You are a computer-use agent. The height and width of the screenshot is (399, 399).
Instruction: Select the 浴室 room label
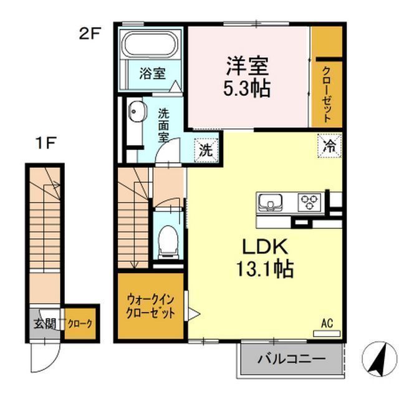[x=152, y=74]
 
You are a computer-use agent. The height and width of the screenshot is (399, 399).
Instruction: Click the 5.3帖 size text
[x=248, y=89]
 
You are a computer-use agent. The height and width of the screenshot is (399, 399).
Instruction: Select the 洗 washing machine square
[x=205, y=150]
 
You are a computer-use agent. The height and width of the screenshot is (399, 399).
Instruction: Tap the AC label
[x=327, y=324]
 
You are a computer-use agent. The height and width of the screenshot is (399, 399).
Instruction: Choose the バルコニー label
[x=291, y=359]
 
